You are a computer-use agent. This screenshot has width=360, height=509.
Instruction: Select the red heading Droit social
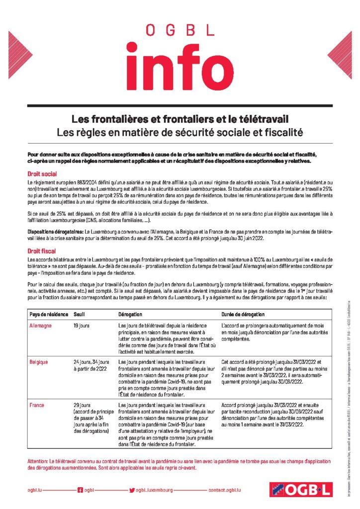[x=42, y=174]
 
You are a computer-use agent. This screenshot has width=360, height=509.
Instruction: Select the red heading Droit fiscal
[x=42, y=252]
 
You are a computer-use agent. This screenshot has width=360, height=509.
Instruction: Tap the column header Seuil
[x=79, y=315]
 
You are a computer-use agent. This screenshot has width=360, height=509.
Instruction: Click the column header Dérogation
[x=130, y=315]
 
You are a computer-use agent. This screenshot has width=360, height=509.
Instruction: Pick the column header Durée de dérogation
[x=244, y=315]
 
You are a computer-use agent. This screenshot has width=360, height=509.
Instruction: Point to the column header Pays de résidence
[x=48, y=315]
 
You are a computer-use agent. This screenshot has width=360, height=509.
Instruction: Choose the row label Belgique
[x=40, y=361]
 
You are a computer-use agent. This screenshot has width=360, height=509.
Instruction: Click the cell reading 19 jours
[x=81, y=326]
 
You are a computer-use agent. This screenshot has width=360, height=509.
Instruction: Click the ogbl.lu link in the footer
[x=35, y=490]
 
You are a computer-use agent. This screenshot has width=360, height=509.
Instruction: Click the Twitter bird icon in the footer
[x=132, y=490]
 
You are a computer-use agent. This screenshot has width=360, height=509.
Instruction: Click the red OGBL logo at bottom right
[x=300, y=490]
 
